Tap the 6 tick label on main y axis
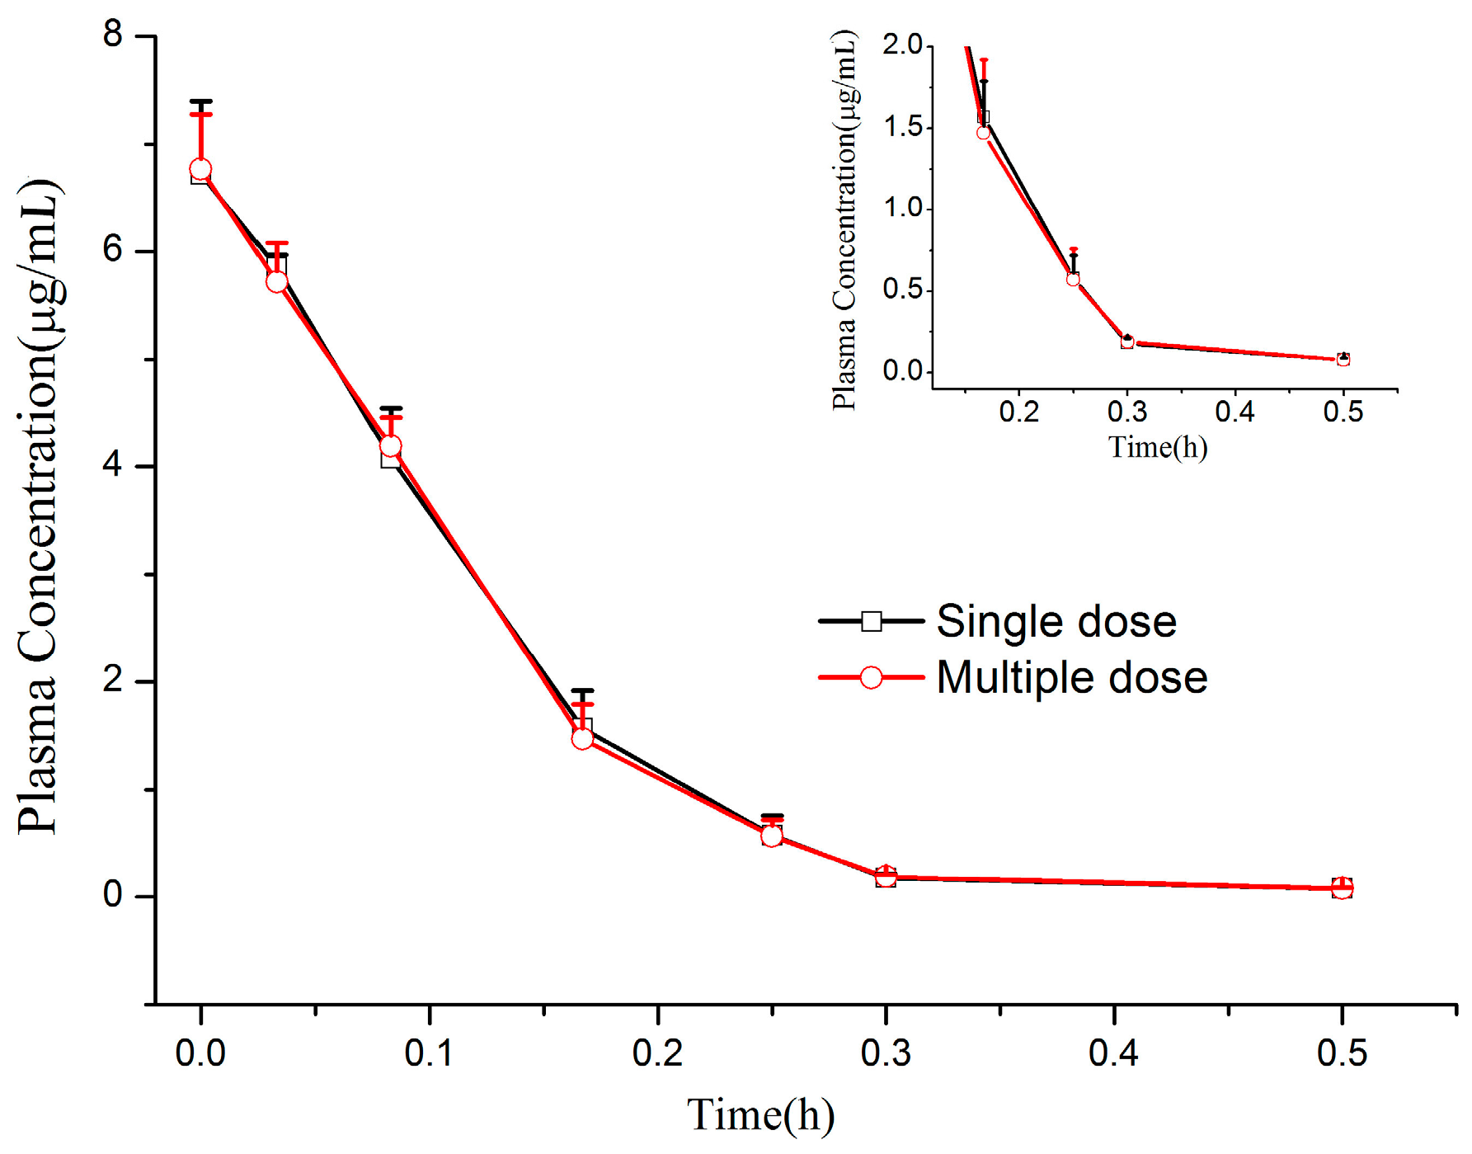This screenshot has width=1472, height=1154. coord(112,249)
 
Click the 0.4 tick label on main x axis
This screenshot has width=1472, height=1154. coord(1113,1053)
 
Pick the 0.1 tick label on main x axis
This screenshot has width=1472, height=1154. coord(429,1053)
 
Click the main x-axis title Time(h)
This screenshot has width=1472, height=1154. coord(760,1114)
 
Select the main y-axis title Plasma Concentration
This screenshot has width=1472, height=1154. coord(40,505)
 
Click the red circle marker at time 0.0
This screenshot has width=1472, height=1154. coord(200,170)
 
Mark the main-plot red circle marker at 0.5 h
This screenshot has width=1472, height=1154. coord(1342,888)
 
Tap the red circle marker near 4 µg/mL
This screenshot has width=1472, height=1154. coord(390,446)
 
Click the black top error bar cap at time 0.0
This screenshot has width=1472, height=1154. coord(200,101)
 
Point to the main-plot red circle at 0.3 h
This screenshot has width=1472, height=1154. coord(886,876)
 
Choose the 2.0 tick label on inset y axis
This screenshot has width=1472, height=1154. coord(902,45)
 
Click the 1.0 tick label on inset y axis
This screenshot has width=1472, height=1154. coord(902,208)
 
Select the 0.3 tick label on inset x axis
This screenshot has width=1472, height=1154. coord(1126,412)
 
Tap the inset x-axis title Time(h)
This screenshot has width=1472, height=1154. coord(1158,447)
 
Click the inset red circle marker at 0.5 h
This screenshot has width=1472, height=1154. coord(1343,360)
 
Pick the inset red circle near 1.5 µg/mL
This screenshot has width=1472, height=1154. coord(983,133)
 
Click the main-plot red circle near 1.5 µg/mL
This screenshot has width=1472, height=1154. coord(582,738)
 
